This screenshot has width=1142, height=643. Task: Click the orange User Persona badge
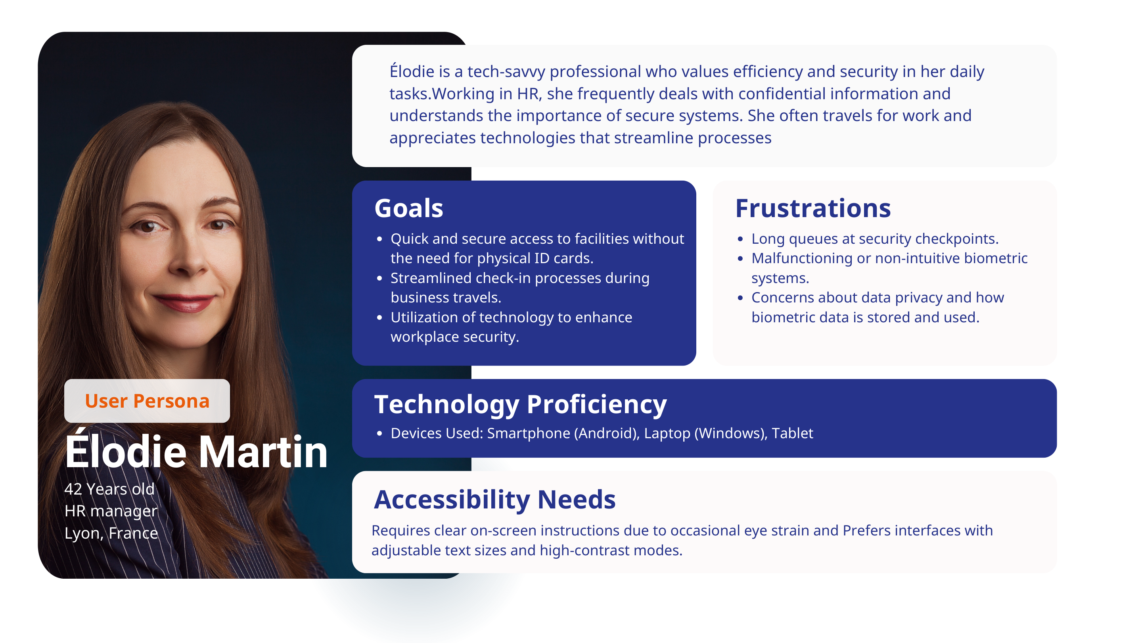pyautogui.click(x=147, y=401)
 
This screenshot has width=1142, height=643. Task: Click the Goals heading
pyautogui.click(x=408, y=208)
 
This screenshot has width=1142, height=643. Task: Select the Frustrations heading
pyautogui.click(x=812, y=208)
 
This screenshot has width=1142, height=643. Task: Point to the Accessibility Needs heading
pyautogui.click(x=494, y=499)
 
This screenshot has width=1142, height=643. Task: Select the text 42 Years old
pyautogui.click(x=109, y=489)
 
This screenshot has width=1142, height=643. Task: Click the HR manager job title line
pyautogui.click(x=111, y=511)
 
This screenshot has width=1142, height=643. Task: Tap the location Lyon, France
pyautogui.click(x=111, y=533)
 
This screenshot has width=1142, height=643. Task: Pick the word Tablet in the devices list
pyautogui.click(x=792, y=433)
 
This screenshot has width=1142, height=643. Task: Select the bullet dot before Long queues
pyautogui.click(x=740, y=239)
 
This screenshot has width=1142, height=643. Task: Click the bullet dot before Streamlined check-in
pyautogui.click(x=379, y=278)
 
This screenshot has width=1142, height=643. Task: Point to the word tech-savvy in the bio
pyautogui.click(x=506, y=71)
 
